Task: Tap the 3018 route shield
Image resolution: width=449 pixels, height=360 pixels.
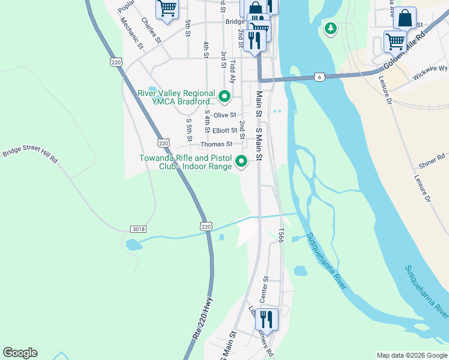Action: coord(137,229)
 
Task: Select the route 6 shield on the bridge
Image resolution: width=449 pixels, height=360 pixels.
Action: coord(320,77)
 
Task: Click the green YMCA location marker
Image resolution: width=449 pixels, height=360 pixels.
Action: coord(224,96)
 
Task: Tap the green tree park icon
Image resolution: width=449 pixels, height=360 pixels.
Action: coord(330,28)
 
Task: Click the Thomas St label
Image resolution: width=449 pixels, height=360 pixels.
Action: coord(216,144)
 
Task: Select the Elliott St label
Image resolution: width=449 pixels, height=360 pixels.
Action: coord(225,130)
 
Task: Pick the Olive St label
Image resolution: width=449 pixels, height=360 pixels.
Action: coord(225,115)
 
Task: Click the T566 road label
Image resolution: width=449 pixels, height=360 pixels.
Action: coord(280,235)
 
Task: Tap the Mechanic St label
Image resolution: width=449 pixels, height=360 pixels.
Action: coord(131,32)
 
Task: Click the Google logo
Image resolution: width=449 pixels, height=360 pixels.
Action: coord(20,353)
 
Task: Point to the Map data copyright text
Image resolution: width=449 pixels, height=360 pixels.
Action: coord(412,355)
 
